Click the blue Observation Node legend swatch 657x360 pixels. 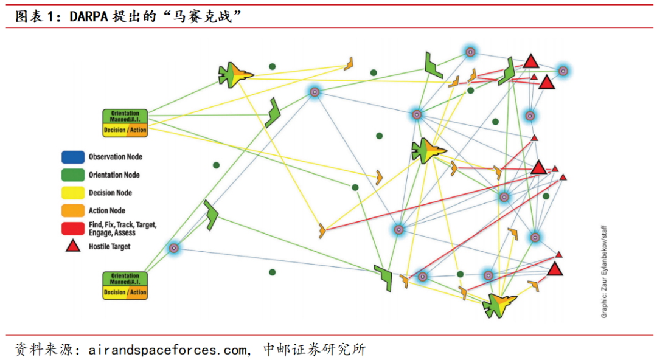(72, 157)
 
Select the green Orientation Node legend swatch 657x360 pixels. (72, 175)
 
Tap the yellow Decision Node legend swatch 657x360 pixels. (72, 193)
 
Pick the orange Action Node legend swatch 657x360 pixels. (72, 210)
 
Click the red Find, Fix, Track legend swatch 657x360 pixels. (72, 229)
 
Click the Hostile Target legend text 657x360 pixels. (109, 247)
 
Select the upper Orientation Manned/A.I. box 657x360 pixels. (125, 122)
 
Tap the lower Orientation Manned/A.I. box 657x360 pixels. (125, 285)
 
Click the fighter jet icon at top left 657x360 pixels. (235, 75)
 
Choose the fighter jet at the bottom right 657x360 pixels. (499, 303)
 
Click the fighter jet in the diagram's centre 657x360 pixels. (428, 150)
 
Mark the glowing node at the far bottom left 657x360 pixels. (173, 247)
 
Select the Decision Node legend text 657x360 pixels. (110, 193)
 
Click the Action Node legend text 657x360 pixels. (107, 210)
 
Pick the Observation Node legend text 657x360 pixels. (116, 157)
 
